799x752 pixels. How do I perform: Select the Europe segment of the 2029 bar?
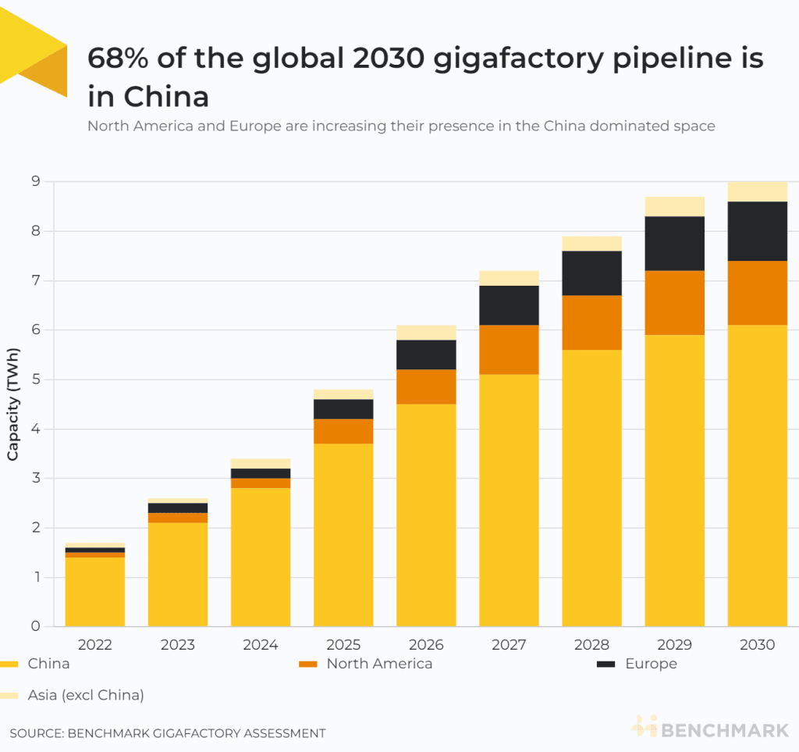[x=674, y=244]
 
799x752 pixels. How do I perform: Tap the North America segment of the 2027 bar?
[x=509, y=350]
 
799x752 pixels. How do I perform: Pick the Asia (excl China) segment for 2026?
[x=426, y=333]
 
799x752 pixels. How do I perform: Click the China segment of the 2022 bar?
[x=95, y=591]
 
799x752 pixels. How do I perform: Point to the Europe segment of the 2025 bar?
[x=343, y=409]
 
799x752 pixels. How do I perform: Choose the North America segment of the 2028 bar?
[x=591, y=323]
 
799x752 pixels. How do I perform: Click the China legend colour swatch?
[x=9, y=665]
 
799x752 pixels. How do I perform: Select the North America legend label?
[x=378, y=664]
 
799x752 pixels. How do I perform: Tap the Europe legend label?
[x=651, y=664]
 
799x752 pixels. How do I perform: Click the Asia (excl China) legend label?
[x=86, y=695]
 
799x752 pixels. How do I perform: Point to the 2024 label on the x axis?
[x=261, y=645]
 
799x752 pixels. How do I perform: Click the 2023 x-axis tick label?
[x=178, y=645]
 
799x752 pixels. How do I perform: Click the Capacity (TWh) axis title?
[x=13, y=404]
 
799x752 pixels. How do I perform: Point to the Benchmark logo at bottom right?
[x=710, y=729]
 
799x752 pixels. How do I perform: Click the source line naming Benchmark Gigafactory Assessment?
[x=168, y=733]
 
